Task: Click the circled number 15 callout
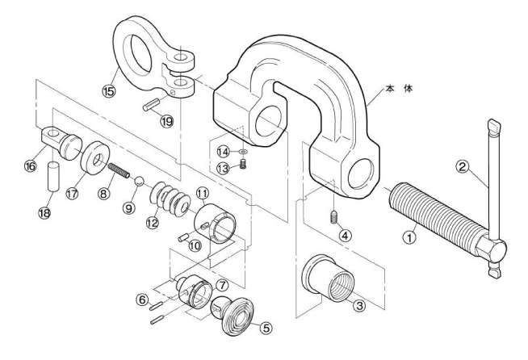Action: (x=109, y=91)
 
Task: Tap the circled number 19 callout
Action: (x=166, y=121)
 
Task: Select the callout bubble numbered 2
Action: (x=463, y=166)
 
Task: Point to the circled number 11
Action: (x=203, y=193)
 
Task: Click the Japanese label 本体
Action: (x=399, y=90)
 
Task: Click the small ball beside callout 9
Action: (x=139, y=182)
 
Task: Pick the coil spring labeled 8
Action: (x=119, y=170)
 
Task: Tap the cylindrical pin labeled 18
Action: (x=53, y=177)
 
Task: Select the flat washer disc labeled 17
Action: (x=95, y=158)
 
